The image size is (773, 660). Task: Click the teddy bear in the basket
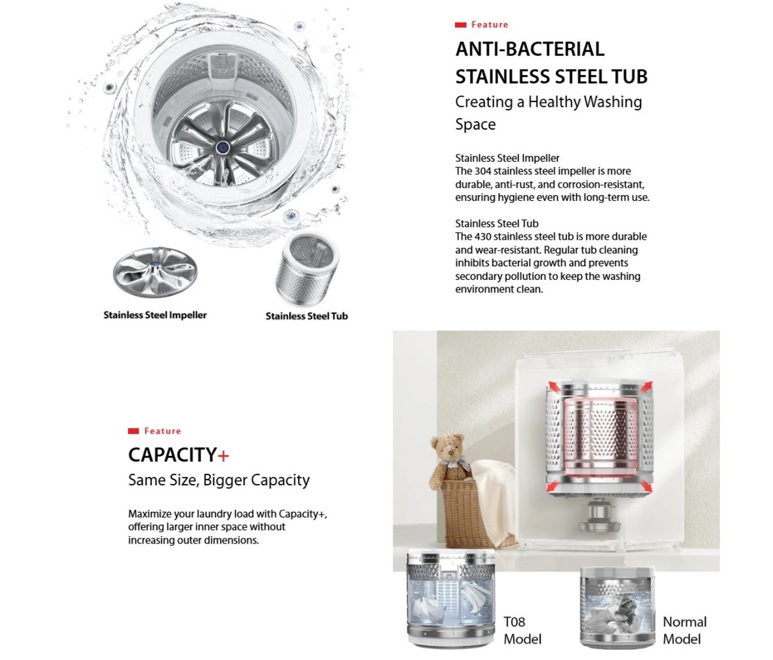coord(448,458)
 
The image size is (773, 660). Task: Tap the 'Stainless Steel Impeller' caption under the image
coord(155,315)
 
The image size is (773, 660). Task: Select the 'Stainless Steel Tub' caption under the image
coord(307,316)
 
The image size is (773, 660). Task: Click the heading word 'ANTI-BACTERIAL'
coord(530,49)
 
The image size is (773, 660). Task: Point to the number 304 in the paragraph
coord(483,171)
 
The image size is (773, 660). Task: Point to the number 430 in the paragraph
coord(483,236)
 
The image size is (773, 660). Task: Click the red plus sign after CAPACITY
coord(224,455)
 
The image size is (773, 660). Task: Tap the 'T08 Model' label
coord(522,630)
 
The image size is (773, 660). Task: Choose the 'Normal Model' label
coord(684,630)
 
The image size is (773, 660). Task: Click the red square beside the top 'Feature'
coord(461,25)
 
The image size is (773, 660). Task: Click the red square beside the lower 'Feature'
coord(134,431)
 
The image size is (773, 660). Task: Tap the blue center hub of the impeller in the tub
coord(222,148)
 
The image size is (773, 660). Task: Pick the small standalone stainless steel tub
coord(308,268)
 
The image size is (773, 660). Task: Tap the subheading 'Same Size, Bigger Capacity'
coord(219,480)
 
